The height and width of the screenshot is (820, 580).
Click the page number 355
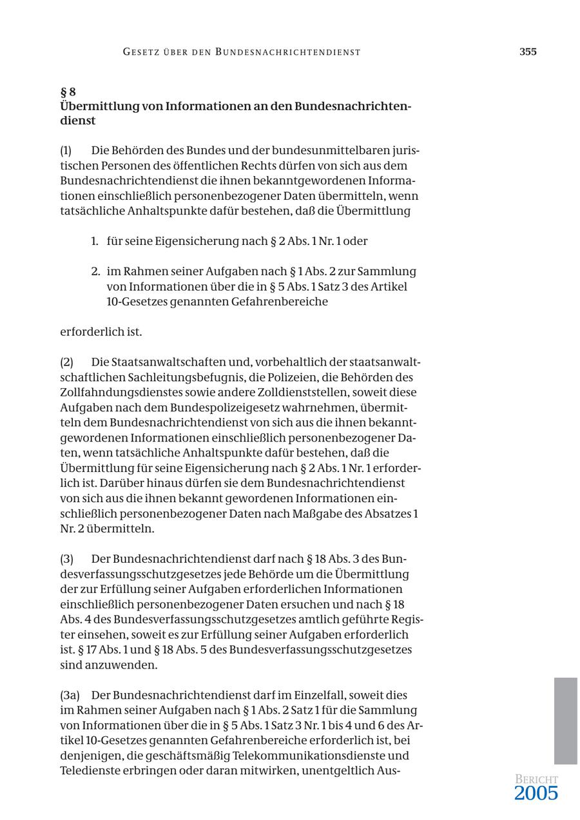[x=528, y=52]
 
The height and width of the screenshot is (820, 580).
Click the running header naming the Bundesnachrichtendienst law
[x=242, y=52]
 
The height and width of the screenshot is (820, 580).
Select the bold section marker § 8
[x=68, y=92]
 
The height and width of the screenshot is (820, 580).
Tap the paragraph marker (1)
[x=66, y=151]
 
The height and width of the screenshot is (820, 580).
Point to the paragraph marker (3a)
[x=70, y=696]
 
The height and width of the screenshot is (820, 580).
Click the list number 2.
[x=95, y=271]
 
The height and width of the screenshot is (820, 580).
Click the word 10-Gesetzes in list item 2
[x=133, y=302]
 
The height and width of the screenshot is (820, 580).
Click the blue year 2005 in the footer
[x=536, y=794]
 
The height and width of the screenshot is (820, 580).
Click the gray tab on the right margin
[x=565, y=720]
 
